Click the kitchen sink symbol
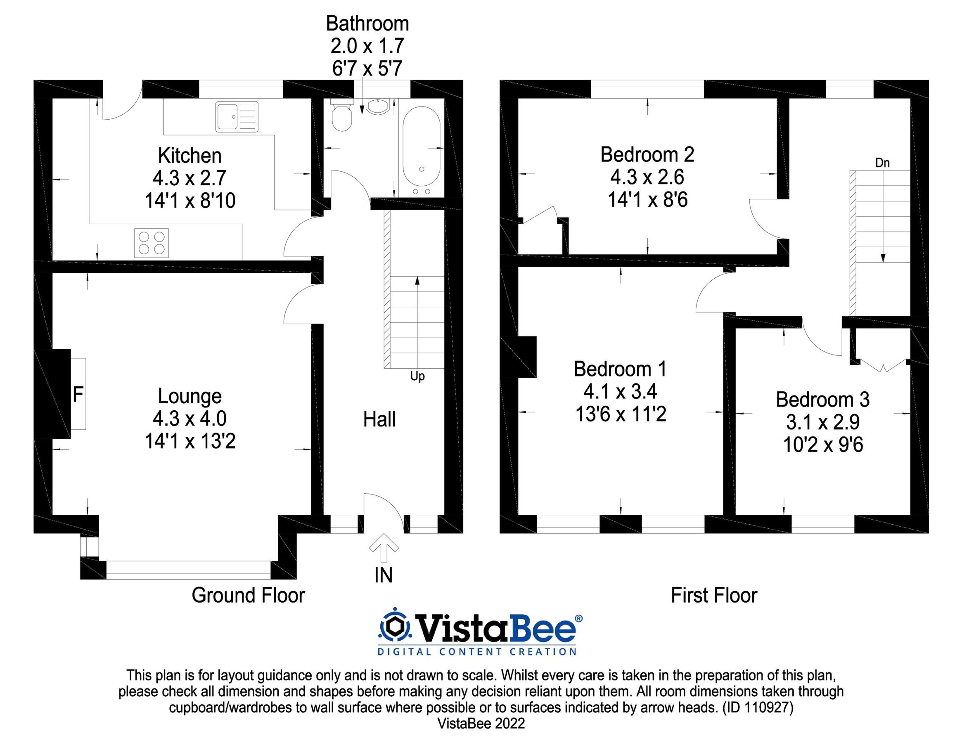point(237,117)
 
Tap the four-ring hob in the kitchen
point(151,243)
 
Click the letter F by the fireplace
point(78,394)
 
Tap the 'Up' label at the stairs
point(417,376)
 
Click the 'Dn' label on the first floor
point(882,163)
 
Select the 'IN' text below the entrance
point(383,575)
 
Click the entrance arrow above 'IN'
point(384,547)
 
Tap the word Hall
point(379,419)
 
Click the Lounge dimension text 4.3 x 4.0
point(190,419)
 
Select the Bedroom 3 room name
point(822,400)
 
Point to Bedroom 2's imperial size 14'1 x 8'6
point(647,200)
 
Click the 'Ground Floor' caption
point(248,596)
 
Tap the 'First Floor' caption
point(713,596)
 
